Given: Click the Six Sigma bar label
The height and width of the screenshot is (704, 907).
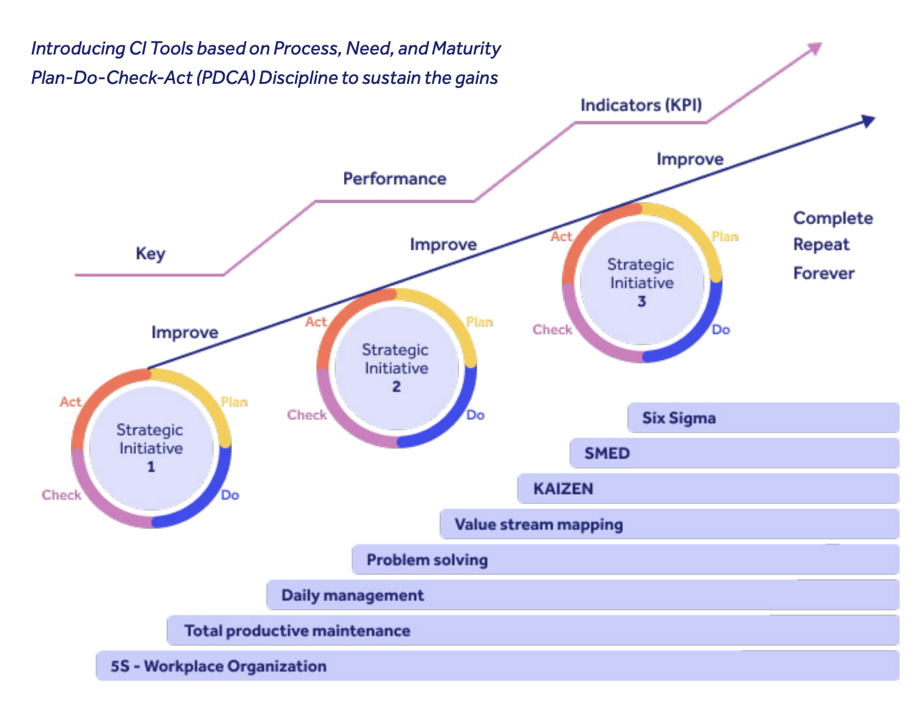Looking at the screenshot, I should [679, 418].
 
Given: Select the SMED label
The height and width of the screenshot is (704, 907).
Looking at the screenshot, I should [607, 454].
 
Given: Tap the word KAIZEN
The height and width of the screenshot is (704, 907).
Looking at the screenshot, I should [563, 489].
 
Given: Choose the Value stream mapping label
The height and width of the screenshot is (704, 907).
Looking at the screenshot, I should [539, 525].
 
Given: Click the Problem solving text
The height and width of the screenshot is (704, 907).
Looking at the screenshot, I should [427, 560].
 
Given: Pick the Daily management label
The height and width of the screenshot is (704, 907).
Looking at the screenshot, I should [353, 596].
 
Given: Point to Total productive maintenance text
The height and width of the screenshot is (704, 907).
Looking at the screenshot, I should [297, 631].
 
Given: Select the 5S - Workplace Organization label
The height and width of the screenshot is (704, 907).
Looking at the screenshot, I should [218, 666].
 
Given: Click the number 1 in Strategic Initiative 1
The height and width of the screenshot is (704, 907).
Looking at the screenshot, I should [151, 467].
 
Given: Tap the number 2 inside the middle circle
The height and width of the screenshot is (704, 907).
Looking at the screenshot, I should [396, 387].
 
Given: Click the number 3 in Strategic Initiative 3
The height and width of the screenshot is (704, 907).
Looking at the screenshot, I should [641, 302].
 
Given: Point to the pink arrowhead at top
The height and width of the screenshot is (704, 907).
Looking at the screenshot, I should [815, 48].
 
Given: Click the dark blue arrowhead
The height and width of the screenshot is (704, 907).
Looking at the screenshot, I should [868, 121].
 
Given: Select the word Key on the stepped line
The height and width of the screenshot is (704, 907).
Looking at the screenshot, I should [150, 253].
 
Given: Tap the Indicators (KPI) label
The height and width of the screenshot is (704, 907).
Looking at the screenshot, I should [641, 105].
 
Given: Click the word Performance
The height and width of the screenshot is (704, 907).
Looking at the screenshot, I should [394, 179].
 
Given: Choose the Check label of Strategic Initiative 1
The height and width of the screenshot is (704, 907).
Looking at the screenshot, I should [61, 495].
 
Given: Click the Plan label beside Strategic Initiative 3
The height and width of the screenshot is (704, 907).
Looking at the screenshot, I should [725, 237].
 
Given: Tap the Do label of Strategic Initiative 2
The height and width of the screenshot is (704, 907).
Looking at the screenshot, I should [476, 415].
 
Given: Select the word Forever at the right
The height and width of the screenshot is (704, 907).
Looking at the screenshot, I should [823, 273].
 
